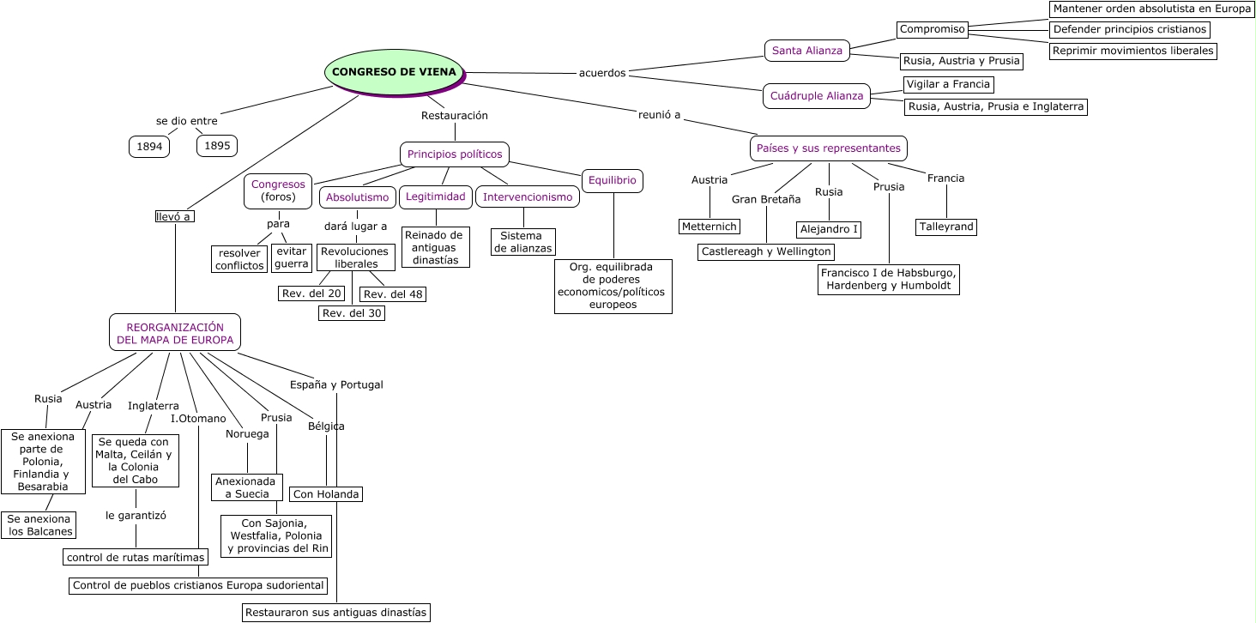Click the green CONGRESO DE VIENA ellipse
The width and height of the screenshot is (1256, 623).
[394, 72]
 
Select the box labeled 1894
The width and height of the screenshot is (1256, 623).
[149, 147]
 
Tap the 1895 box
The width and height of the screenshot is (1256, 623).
[217, 146]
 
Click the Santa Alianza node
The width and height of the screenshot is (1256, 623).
[806, 51]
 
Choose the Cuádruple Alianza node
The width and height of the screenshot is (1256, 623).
[817, 96]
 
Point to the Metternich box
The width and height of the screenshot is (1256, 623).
[710, 227]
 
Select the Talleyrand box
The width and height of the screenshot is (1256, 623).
[946, 227]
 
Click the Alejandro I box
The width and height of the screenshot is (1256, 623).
[829, 229]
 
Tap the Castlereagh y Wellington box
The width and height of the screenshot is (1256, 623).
[766, 251]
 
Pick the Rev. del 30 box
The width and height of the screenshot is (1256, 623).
[352, 313]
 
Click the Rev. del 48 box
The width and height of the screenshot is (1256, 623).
[393, 294]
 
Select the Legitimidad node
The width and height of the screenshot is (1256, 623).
[436, 197]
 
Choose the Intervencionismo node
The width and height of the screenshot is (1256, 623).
[528, 197]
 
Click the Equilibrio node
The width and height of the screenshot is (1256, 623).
[613, 180]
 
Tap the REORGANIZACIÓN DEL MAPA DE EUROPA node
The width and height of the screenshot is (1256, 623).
[175, 333]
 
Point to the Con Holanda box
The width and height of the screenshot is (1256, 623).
[326, 494]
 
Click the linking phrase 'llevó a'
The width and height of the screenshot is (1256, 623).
[174, 216]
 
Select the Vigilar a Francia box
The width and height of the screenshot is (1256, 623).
[948, 85]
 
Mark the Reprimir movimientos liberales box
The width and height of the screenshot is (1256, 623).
[1132, 51]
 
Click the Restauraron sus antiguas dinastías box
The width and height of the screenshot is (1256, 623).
[336, 613]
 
